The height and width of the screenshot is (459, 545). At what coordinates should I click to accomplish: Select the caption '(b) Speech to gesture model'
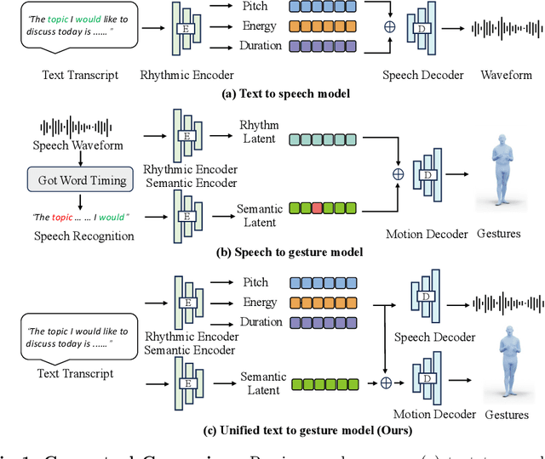pyautogui.click(x=279, y=252)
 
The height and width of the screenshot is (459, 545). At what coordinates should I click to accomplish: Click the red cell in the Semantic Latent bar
pyautogui.click(x=316, y=207)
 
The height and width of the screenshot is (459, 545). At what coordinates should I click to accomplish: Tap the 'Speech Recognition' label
pyautogui.click(x=83, y=236)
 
